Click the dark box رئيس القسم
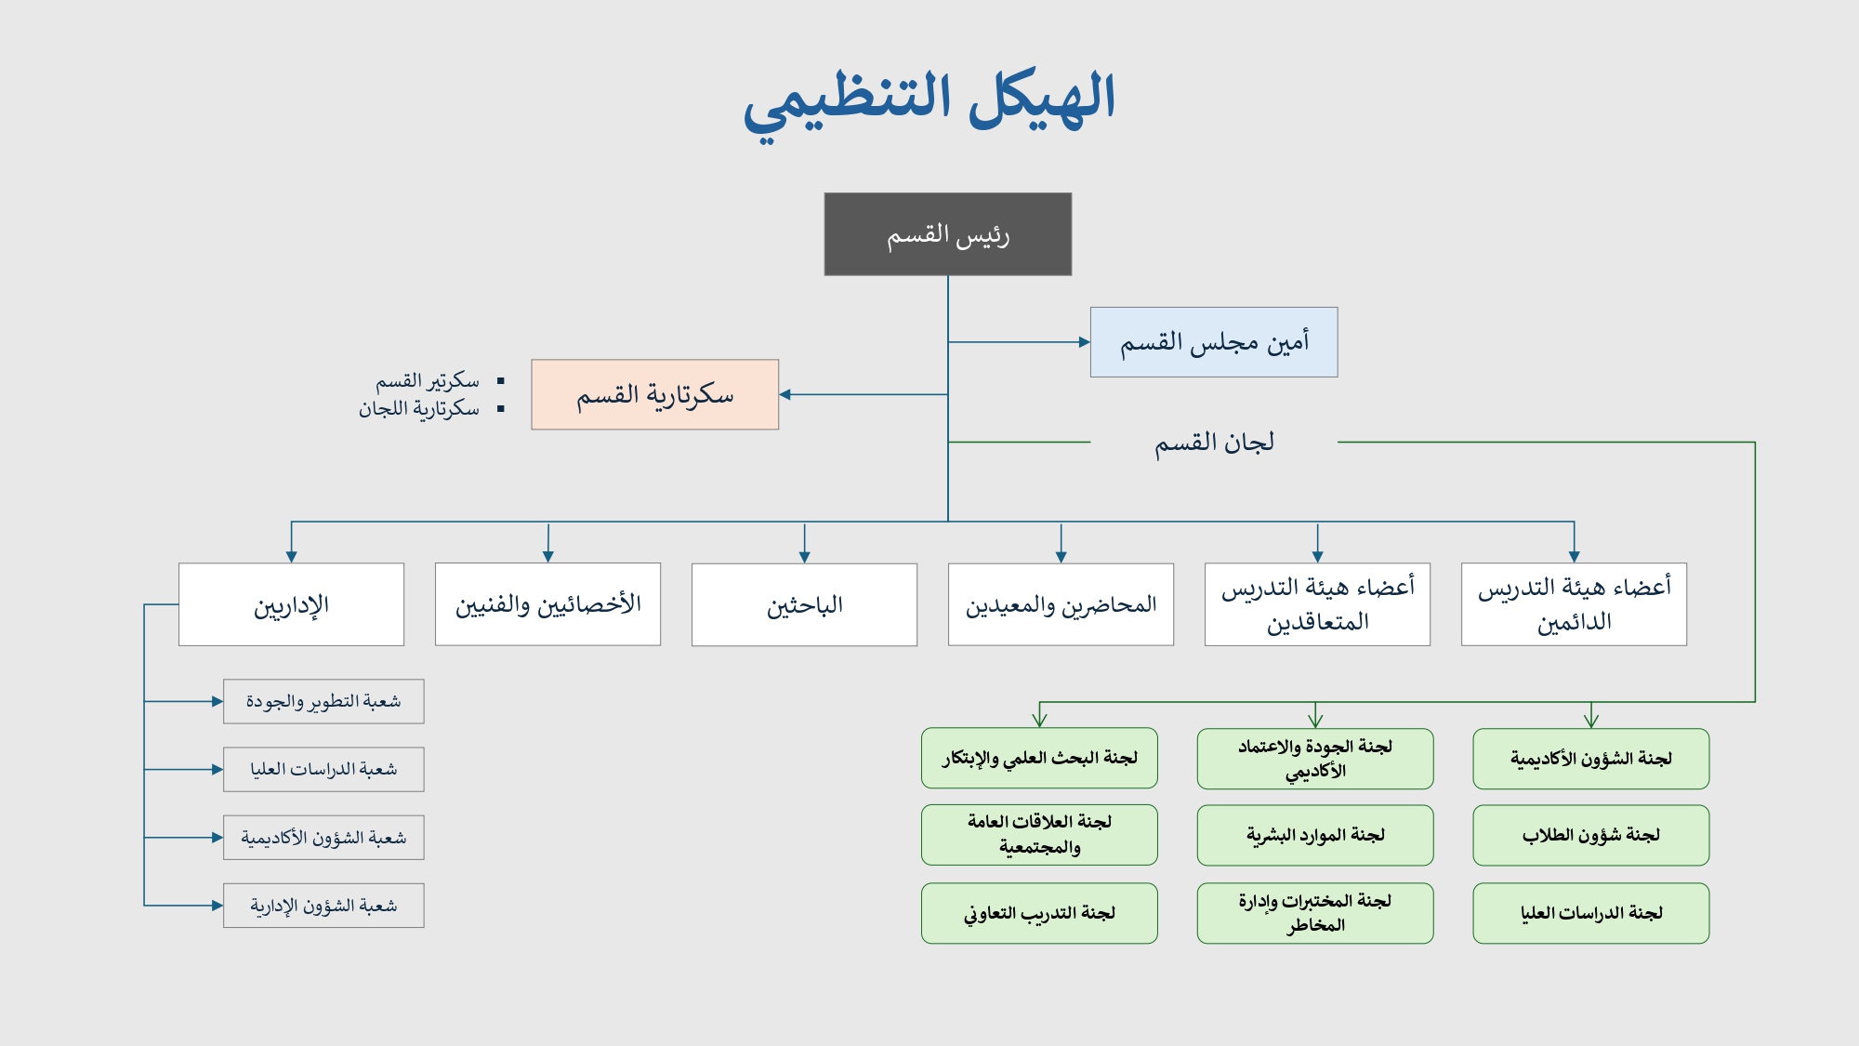click(947, 234)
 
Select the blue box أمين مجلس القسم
click(1213, 342)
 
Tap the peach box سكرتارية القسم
click(654, 395)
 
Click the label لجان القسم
click(1214, 443)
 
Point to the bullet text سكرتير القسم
click(428, 381)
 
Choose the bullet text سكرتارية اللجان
click(419, 409)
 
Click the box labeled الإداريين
click(291, 604)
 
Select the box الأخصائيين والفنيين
click(547, 604)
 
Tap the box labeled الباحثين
click(804, 604)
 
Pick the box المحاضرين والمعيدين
click(1061, 604)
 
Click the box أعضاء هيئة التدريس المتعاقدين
click(1317, 604)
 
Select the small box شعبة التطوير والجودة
click(323, 701)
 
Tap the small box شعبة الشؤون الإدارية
click(323, 906)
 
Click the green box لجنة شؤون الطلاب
click(1590, 835)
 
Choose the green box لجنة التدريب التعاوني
click(1039, 913)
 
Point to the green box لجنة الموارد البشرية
click(1315, 835)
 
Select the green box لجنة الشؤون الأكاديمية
click(1590, 759)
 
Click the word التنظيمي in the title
click(847, 102)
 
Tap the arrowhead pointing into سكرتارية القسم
click(785, 395)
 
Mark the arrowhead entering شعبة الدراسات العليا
click(218, 770)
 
